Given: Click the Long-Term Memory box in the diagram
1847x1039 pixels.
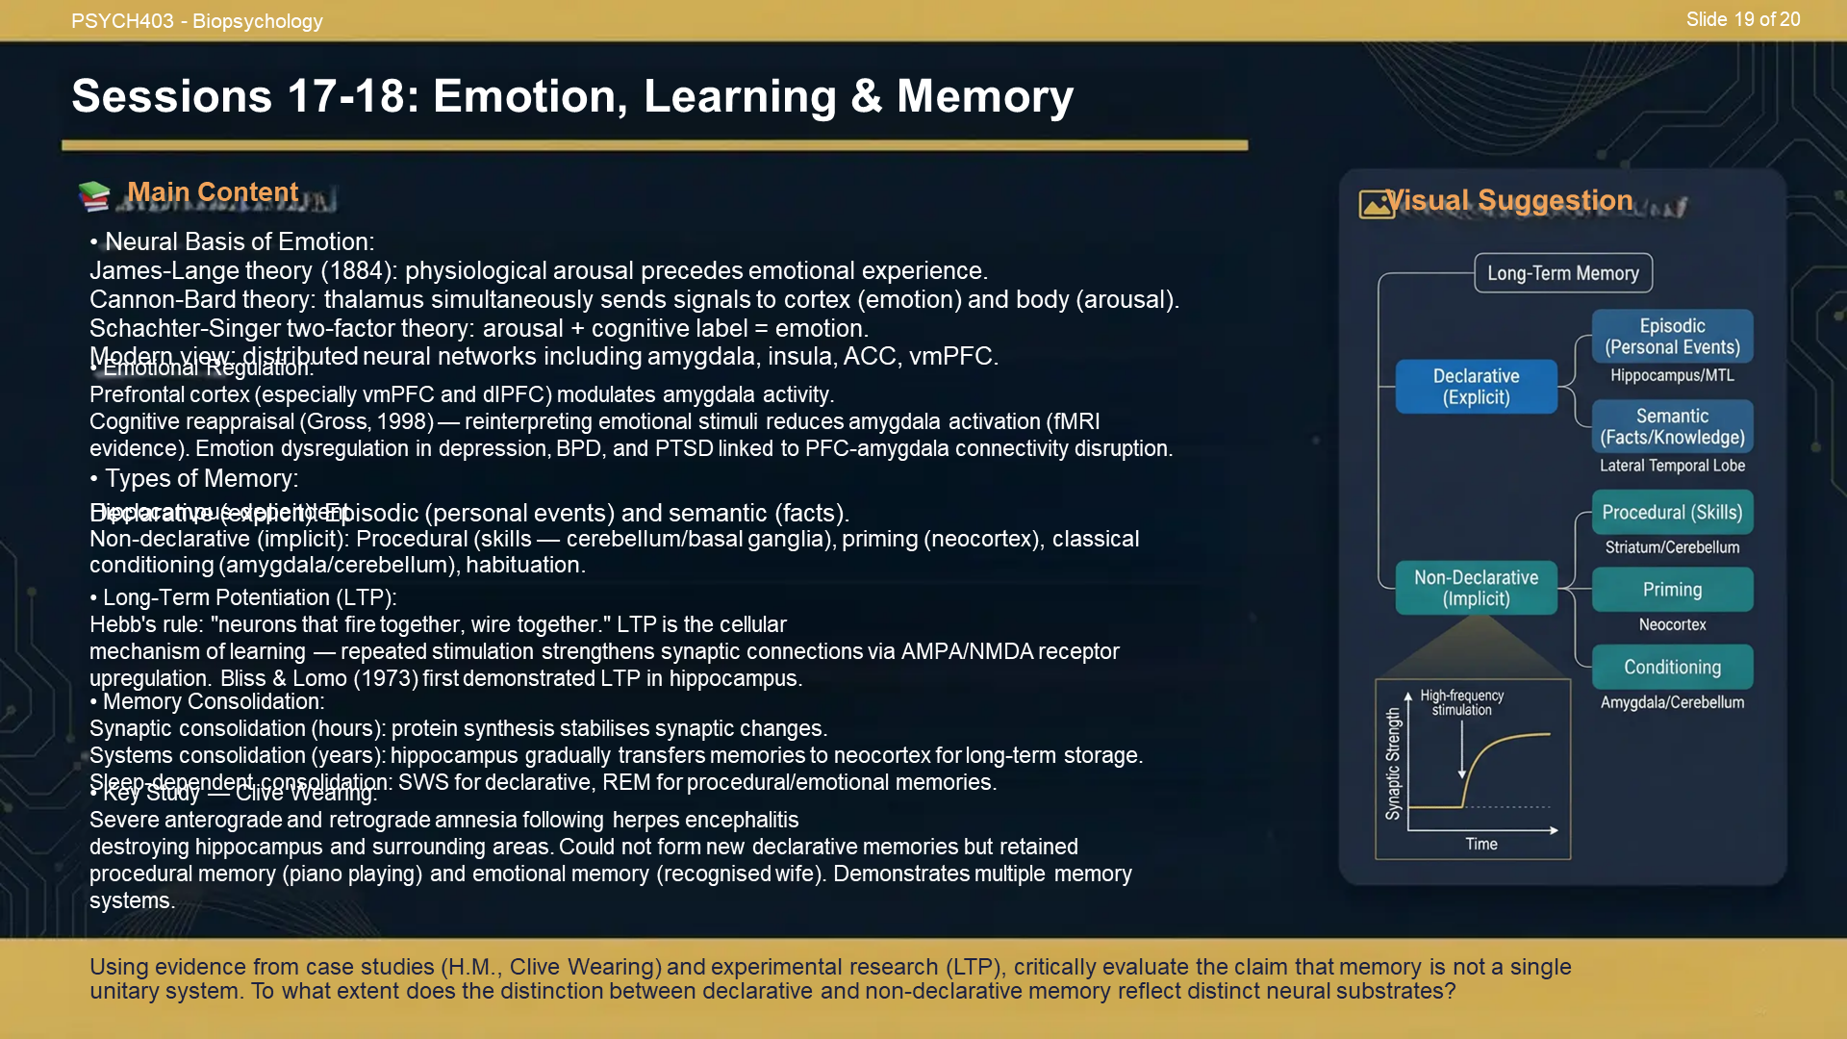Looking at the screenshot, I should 1562,273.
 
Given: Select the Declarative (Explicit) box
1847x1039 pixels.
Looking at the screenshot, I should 1476,387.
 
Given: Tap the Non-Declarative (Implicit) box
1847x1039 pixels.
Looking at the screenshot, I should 1476,588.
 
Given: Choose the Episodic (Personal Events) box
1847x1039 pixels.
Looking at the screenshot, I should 1672,337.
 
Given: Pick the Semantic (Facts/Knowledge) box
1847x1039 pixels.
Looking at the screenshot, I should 1672,427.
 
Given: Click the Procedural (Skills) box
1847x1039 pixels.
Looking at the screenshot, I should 1672,513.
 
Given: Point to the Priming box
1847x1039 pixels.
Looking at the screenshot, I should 1672,590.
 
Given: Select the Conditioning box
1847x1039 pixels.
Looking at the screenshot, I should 1672,668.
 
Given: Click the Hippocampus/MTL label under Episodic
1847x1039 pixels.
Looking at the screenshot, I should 1672,375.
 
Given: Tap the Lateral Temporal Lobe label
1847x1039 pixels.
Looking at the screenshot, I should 1672,466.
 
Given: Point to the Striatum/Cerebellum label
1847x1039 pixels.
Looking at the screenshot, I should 1672,547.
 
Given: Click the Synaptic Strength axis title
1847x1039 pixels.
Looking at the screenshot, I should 1393,764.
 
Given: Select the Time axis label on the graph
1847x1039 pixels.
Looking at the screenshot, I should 1481,844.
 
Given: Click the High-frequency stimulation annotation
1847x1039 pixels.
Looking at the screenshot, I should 1461,702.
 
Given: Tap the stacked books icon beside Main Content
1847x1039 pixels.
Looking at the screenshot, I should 94,195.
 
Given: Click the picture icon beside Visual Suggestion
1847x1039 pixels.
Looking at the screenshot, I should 1376,203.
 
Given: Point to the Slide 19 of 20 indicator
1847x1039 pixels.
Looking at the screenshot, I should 1742,19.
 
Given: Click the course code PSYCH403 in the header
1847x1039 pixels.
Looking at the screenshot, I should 122,21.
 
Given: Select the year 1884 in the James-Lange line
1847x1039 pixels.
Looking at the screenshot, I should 356,271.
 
